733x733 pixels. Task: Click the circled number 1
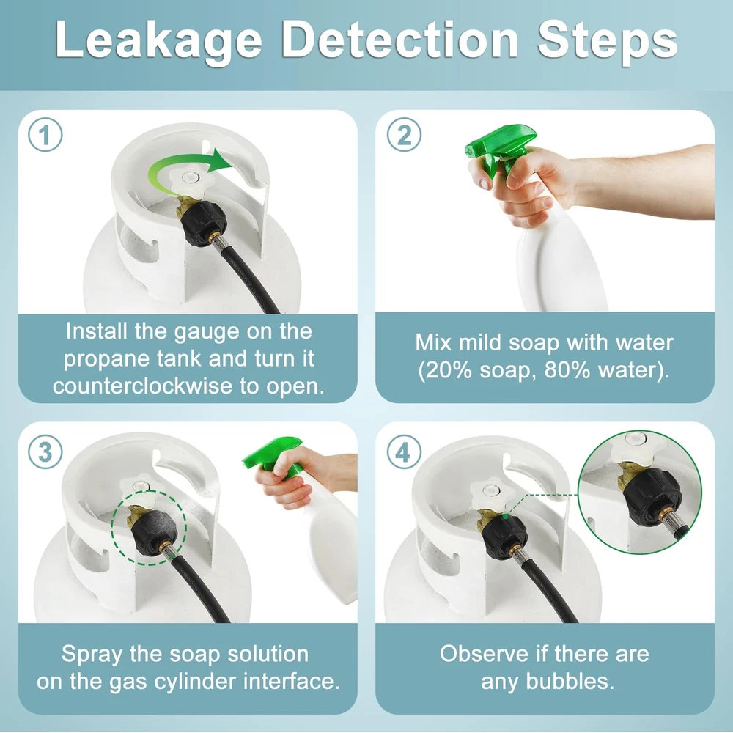pyautogui.click(x=45, y=135)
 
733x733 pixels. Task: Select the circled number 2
pyautogui.click(x=405, y=135)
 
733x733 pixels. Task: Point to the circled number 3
pyautogui.click(x=45, y=452)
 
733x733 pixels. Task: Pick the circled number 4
pyautogui.click(x=405, y=452)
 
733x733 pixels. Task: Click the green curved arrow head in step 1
pyautogui.click(x=220, y=161)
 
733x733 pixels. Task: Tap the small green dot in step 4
pyautogui.click(x=505, y=517)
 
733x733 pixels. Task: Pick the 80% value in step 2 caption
pyautogui.click(x=567, y=370)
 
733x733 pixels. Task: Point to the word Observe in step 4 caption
pyautogui.click(x=484, y=654)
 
